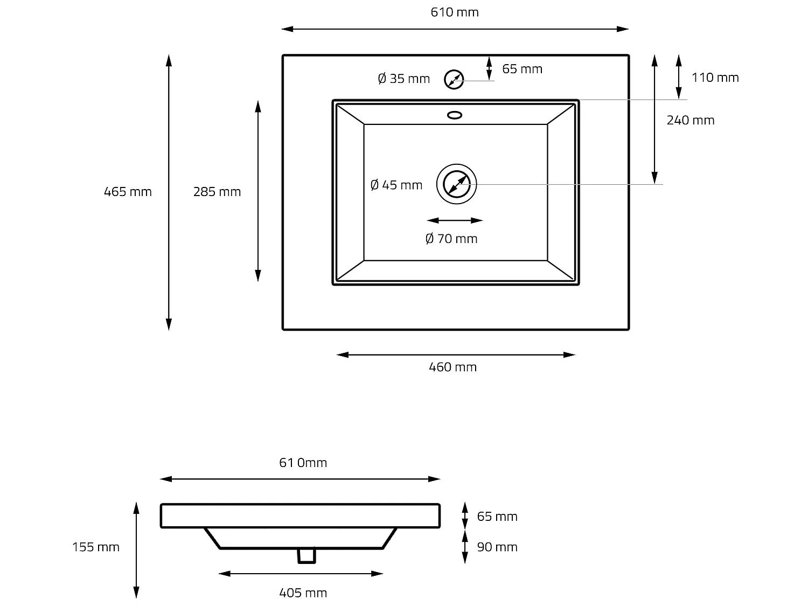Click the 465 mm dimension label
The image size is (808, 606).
(128, 192)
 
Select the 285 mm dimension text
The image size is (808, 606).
(217, 192)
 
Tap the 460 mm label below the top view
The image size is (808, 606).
(452, 367)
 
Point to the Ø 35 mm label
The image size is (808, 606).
(404, 79)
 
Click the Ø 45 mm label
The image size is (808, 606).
(396, 185)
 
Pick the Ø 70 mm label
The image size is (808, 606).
(451, 239)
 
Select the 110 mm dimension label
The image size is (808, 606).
(715, 78)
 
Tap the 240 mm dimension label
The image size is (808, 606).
(691, 120)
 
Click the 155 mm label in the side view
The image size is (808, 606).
(96, 547)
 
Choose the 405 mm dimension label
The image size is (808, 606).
(303, 593)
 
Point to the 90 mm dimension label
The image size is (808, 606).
(497, 547)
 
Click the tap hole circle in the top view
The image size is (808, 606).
(454, 80)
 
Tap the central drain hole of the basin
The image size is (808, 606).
(456, 184)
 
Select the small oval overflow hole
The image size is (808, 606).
(455, 114)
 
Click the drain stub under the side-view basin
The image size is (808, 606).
(307, 555)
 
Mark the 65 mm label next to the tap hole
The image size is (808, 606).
(522, 69)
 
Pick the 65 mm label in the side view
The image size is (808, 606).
(497, 517)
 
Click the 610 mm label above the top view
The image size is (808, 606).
(455, 12)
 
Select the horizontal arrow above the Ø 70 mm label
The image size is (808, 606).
(455, 220)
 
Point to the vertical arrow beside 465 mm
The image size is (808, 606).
(169, 192)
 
